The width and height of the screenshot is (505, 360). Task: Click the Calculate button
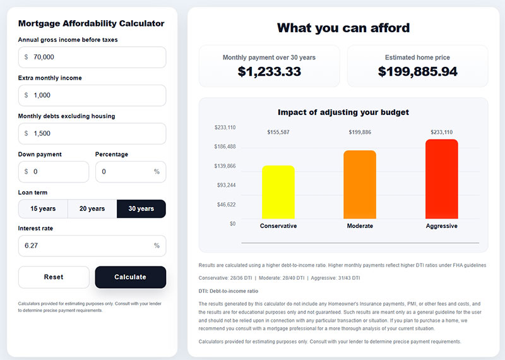coord(130,277)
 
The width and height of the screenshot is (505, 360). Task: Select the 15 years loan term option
coord(43,209)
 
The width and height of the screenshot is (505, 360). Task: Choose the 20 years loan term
coord(92,209)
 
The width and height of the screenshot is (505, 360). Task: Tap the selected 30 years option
coord(141,209)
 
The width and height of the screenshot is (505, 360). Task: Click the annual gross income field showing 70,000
coord(92,57)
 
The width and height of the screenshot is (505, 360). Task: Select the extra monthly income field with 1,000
coord(92,95)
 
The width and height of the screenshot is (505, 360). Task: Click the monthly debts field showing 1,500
coord(92,133)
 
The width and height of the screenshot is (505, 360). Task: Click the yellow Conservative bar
coord(278,192)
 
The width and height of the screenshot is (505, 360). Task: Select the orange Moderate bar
coord(360,184)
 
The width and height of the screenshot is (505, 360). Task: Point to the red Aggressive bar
coord(441,179)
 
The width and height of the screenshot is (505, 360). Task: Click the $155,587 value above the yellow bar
coord(278,132)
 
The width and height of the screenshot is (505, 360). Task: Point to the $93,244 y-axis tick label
coord(225,185)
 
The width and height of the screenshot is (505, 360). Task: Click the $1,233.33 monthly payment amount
coord(270,72)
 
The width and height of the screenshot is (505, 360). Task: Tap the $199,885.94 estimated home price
coord(418,72)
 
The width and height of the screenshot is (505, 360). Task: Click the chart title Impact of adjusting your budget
coord(343,112)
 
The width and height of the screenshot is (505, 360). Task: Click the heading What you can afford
coord(343,28)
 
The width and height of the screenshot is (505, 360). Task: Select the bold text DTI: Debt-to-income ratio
coord(228,291)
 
